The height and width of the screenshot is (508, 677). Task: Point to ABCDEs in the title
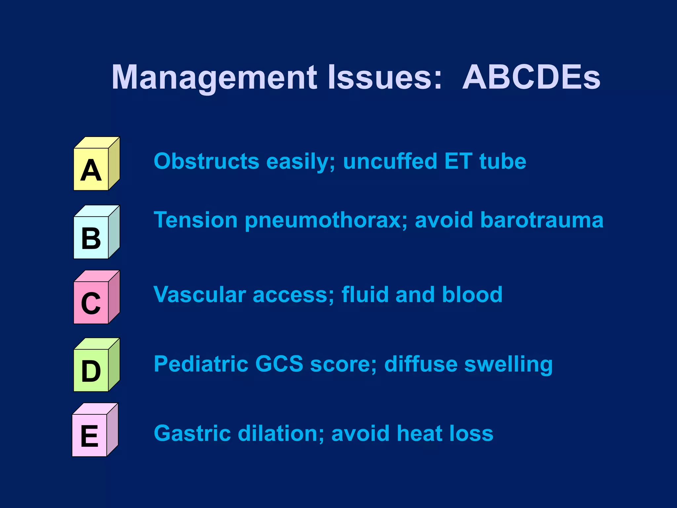point(531,77)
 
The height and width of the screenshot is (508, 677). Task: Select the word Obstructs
point(207,161)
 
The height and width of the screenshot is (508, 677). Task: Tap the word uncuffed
point(390,161)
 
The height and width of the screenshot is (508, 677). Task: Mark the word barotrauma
point(542,220)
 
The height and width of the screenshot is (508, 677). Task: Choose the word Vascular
point(200,295)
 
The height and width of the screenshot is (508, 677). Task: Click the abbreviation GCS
point(279,364)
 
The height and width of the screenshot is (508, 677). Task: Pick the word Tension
point(196,220)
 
